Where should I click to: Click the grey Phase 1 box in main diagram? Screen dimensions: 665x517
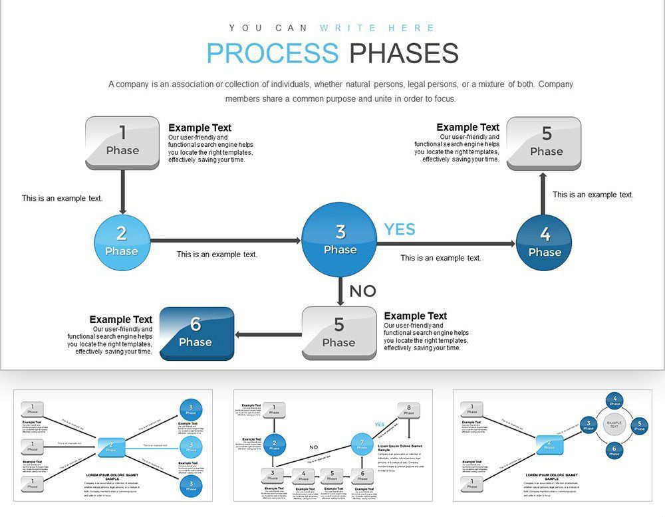click(122, 142)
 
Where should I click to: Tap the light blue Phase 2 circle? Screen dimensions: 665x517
click(122, 242)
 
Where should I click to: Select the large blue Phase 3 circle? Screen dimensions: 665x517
click(340, 240)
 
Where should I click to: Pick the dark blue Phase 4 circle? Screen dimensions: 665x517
click(545, 243)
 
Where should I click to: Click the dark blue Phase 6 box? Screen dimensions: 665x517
click(196, 334)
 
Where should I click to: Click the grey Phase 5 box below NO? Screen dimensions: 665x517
click(339, 334)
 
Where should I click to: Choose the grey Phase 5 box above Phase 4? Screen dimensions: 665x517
click(544, 143)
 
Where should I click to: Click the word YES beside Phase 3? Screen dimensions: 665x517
click(400, 229)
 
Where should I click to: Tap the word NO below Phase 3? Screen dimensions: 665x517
click(362, 291)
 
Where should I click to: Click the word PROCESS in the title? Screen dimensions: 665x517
click(272, 53)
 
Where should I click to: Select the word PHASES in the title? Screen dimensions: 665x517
click(404, 53)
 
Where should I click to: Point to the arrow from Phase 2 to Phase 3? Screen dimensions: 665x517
click(226, 241)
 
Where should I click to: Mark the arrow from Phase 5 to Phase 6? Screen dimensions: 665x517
click(269, 334)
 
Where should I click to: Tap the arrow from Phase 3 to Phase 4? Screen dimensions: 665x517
click(446, 244)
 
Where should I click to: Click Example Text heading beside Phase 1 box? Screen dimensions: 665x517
click(199, 128)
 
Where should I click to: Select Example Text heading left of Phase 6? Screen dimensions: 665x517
click(121, 320)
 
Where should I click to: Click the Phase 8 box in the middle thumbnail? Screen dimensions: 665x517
click(409, 409)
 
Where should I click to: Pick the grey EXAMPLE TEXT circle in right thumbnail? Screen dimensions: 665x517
click(614, 424)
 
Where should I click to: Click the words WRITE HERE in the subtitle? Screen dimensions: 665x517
click(377, 28)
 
